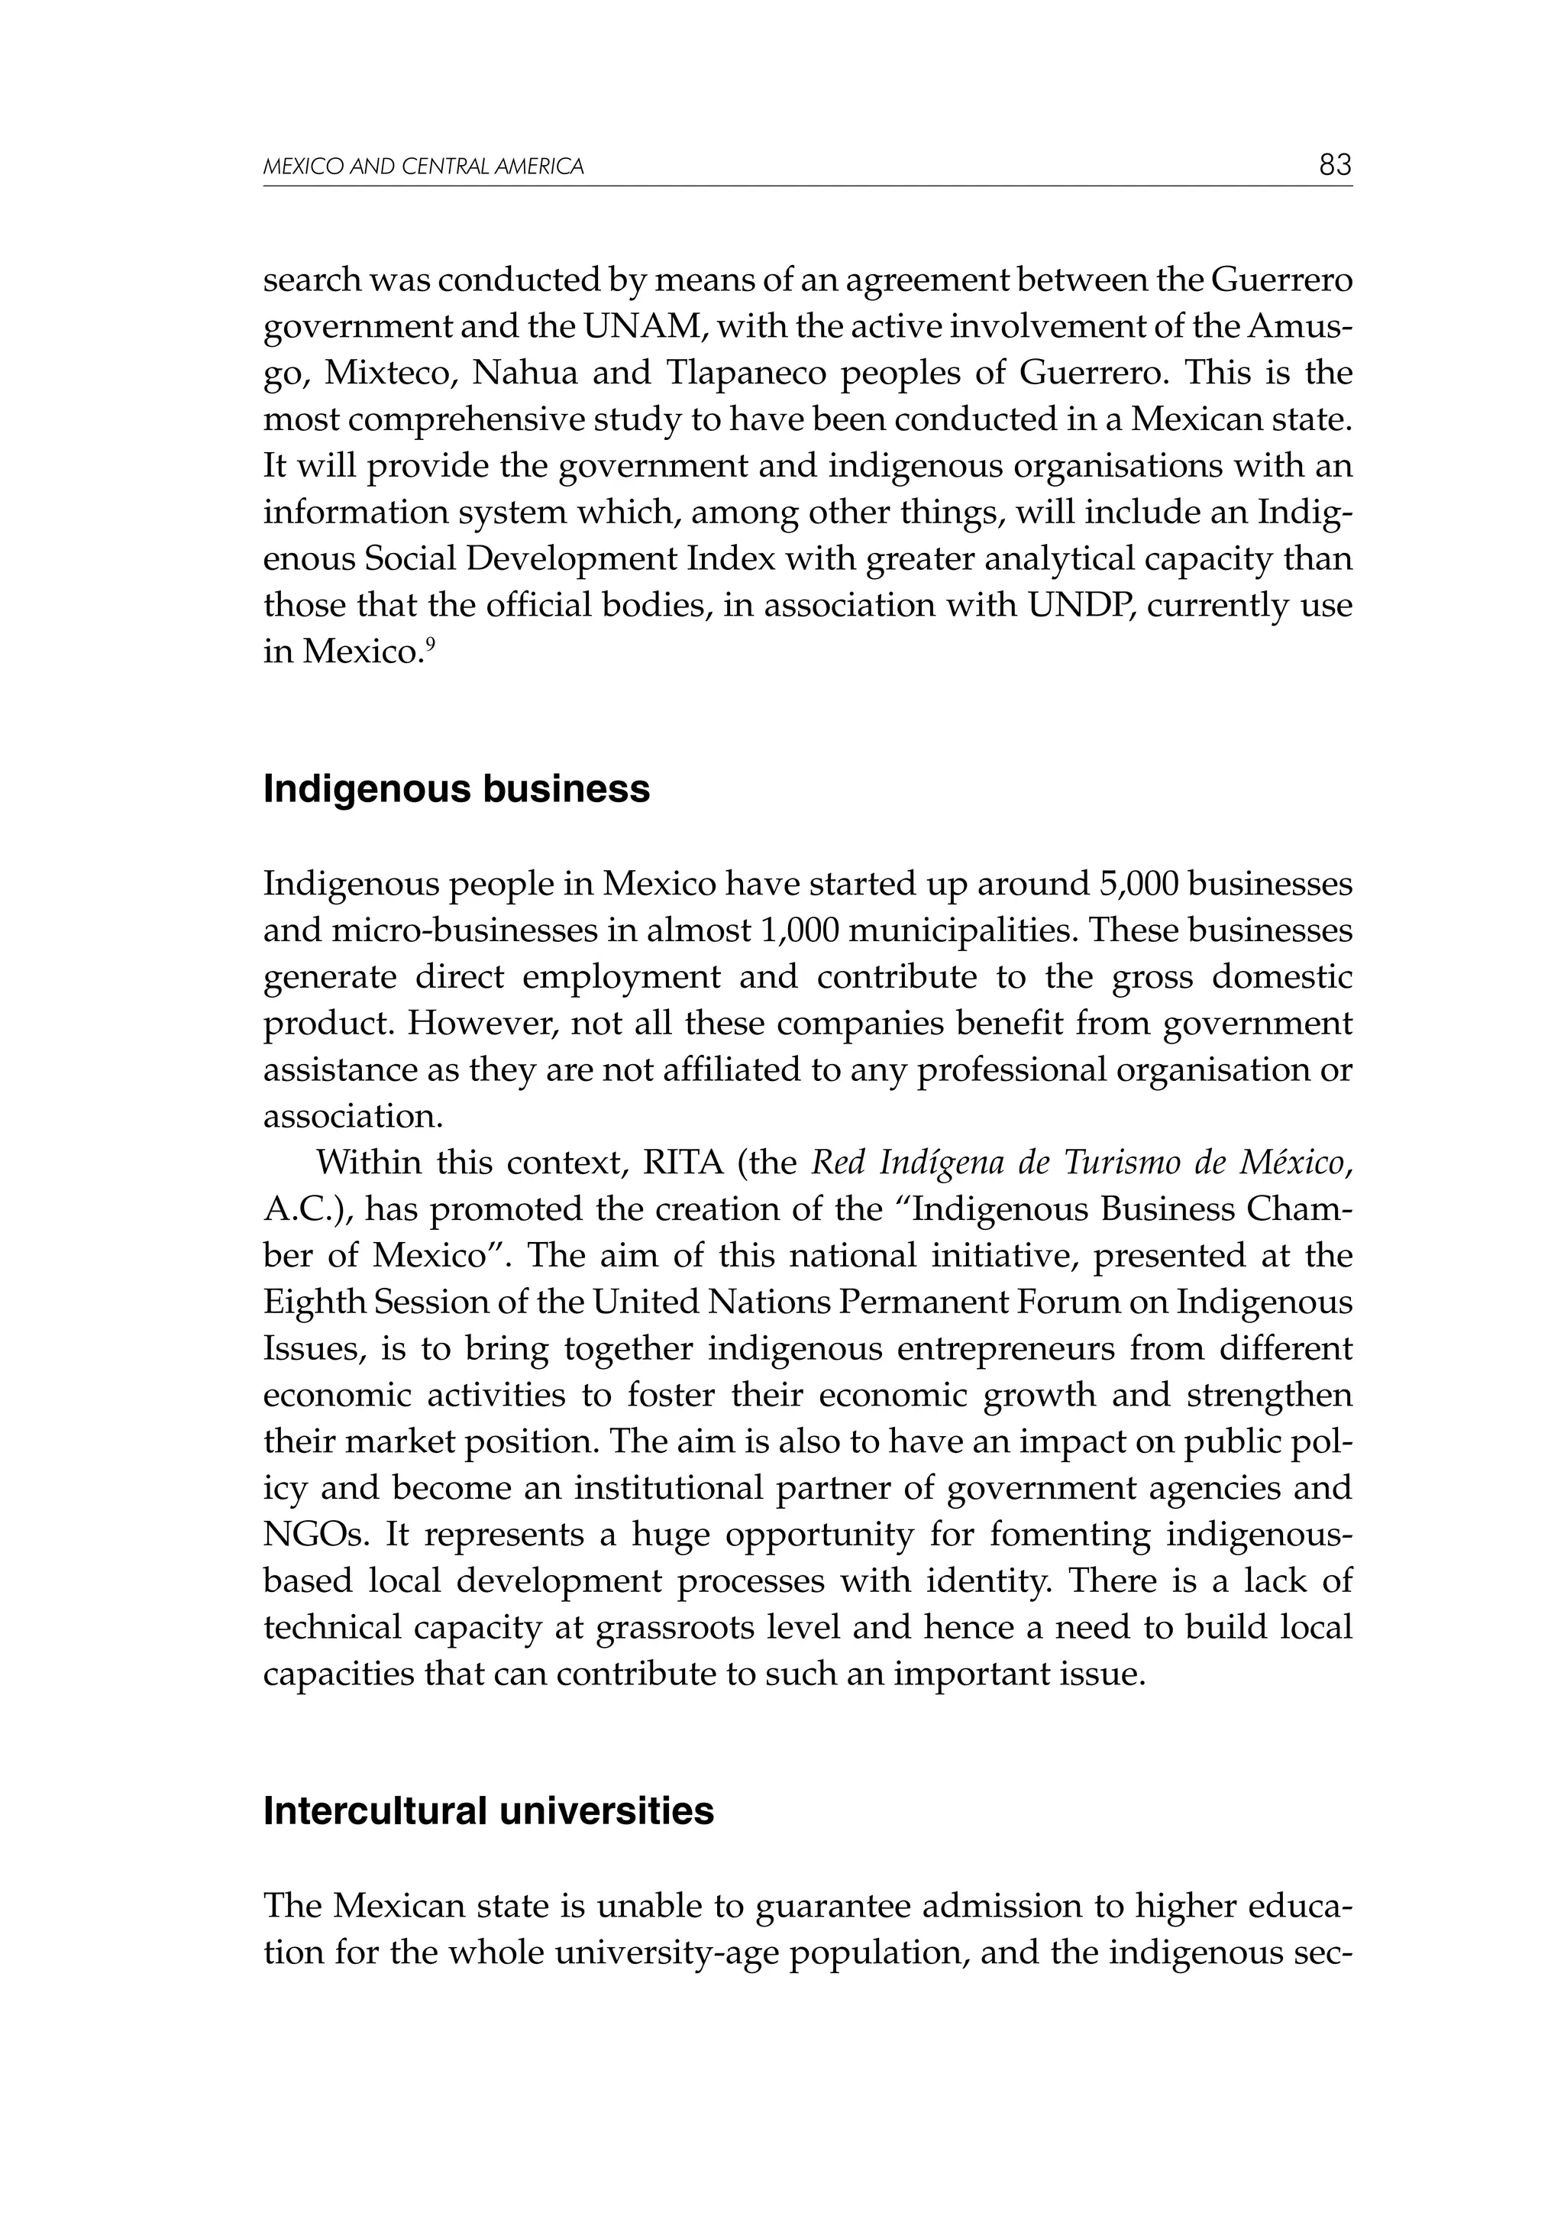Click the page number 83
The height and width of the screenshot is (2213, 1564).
[1335, 165]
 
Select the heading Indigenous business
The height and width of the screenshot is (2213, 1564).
[456, 789]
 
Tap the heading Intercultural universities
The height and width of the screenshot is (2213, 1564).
[489, 1812]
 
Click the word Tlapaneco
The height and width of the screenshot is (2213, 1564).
[747, 373]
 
